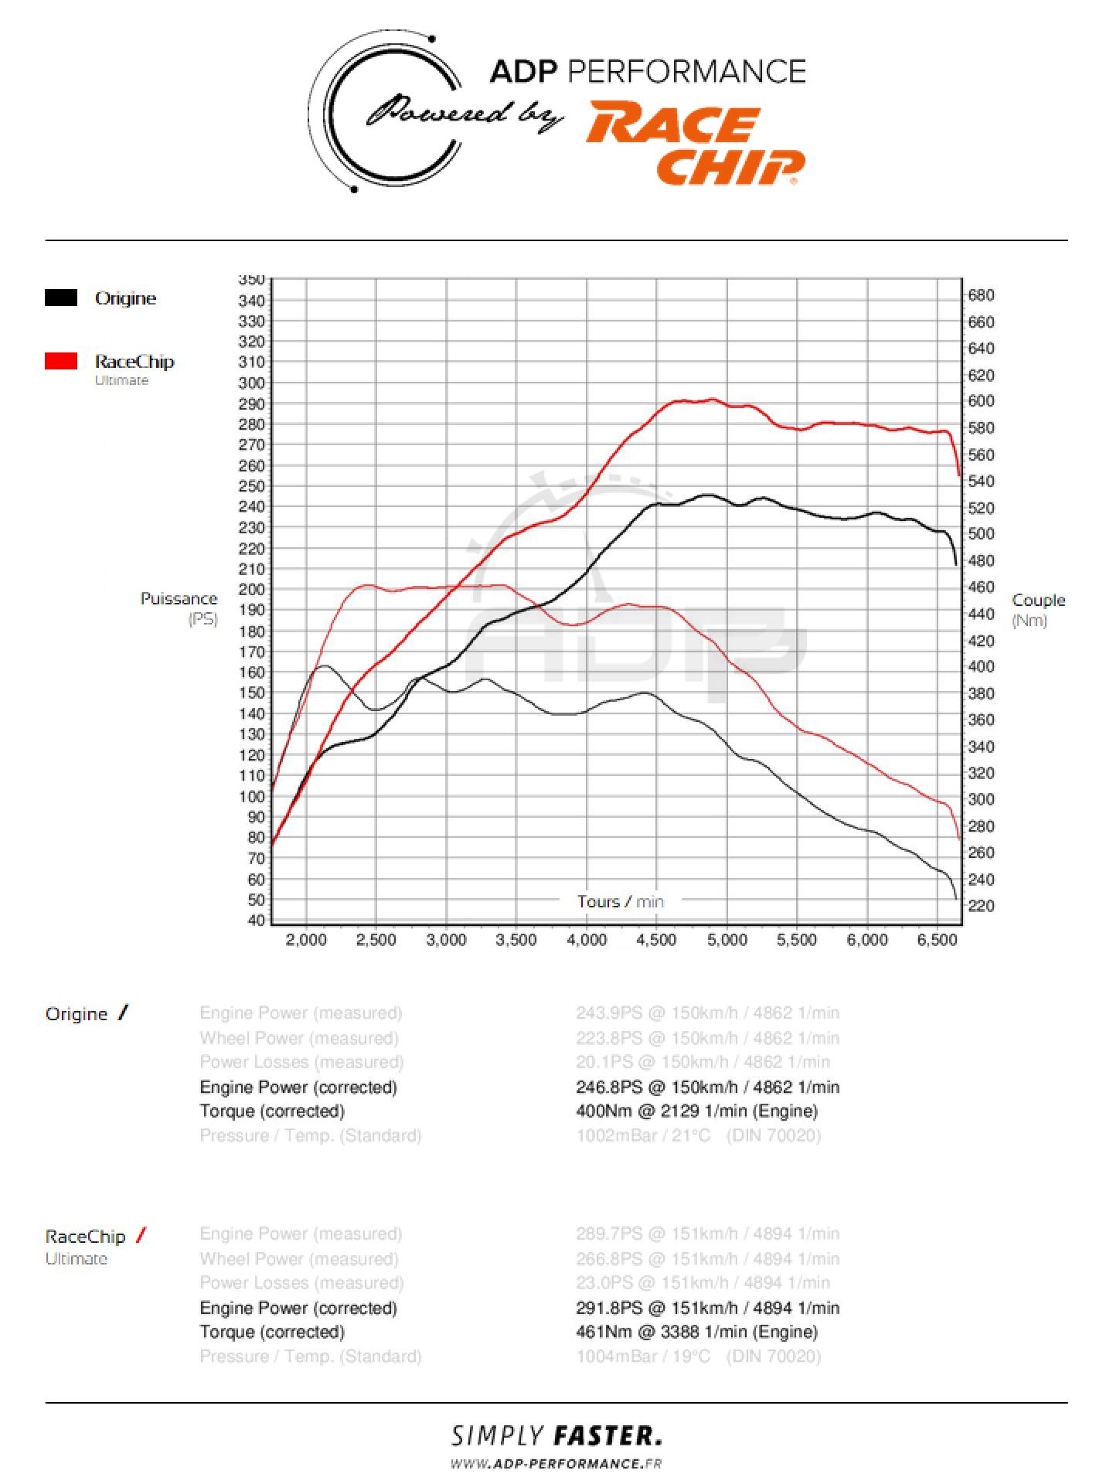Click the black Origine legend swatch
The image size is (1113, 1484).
click(61, 298)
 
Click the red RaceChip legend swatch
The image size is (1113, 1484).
click(61, 361)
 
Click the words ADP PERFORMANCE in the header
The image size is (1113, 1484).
click(648, 72)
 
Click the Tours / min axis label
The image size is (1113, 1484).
click(620, 901)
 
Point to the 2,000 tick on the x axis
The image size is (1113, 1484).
click(307, 940)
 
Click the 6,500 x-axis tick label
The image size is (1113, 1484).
click(937, 940)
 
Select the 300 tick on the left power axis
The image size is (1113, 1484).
click(252, 383)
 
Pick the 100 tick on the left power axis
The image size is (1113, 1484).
click(252, 796)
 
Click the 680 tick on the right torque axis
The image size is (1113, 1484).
click(981, 295)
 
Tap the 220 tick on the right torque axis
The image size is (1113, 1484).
click(981, 905)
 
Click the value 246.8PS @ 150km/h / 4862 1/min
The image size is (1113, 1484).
click(707, 1087)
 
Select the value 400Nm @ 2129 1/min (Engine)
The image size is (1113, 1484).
click(696, 1111)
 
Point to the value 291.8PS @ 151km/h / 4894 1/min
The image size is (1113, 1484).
click(707, 1308)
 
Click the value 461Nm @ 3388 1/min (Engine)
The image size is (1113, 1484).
click(696, 1332)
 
